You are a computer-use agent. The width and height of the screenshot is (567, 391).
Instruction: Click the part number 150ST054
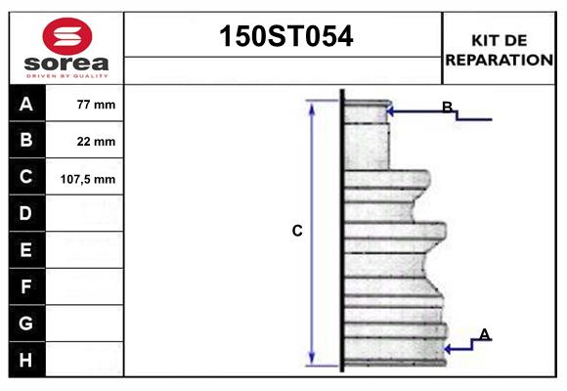pyautogui.click(x=283, y=37)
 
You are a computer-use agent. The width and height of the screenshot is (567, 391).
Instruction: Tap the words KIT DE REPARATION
pyautogui.click(x=500, y=49)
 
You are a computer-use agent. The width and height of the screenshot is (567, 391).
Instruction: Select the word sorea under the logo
pyautogui.click(x=67, y=63)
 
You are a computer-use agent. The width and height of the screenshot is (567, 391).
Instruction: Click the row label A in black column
pyautogui.click(x=26, y=104)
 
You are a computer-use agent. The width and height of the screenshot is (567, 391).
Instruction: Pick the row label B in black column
pyautogui.click(x=26, y=141)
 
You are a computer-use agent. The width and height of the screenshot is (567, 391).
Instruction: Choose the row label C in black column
pyautogui.click(x=26, y=178)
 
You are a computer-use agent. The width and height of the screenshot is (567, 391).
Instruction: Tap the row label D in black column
pyautogui.click(x=26, y=213)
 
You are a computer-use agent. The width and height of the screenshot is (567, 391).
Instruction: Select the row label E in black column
pyautogui.click(x=26, y=250)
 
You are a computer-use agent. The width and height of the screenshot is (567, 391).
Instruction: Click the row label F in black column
pyautogui.click(x=26, y=287)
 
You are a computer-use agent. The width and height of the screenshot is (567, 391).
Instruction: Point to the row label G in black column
pyautogui.click(x=26, y=323)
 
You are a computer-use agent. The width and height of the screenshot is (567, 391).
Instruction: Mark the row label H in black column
pyautogui.click(x=26, y=360)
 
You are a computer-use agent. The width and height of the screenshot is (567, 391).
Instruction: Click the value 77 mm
pyautogui.click(x=96, y=105)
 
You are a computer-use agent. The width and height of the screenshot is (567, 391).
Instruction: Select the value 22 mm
pyautogui.click(x=96, y=142)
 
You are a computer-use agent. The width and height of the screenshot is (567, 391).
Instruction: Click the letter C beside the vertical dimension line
pyautogui.click(x=297, y=232)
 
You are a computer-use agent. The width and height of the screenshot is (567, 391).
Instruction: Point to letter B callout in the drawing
pyautogui.click(x=447, y=108)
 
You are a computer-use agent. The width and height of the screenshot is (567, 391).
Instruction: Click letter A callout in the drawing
pyautogui.click(x=484, y=335)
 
